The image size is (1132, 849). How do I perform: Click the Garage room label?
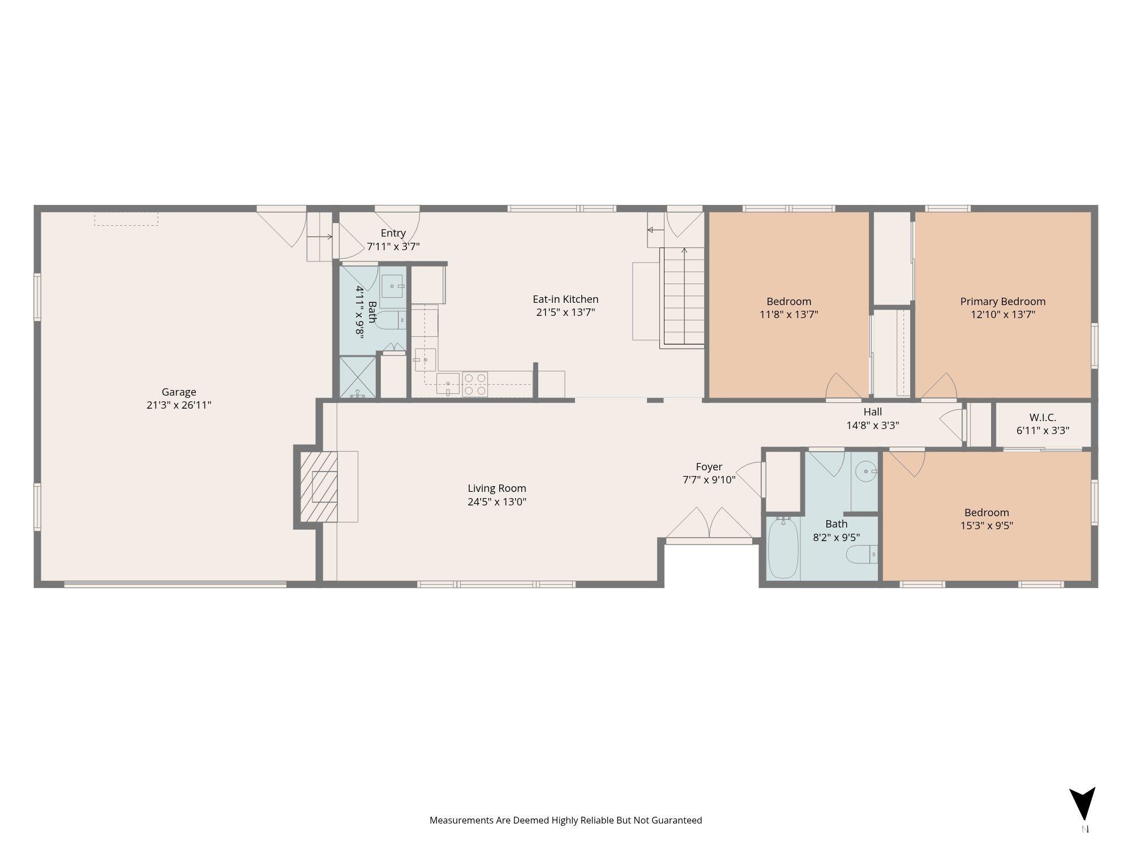pyautogui.click(x=179, y=392)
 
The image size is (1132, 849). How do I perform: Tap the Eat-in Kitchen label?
pyautogui.click(x=565, y=299)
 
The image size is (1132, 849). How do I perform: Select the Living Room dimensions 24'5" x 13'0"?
pyautogui.click(x=497, y=501)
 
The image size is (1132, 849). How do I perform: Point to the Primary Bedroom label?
pyautogui.click(x=1003, y=301)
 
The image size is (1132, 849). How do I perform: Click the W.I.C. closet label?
pyautogui.click(x=1043, y=418)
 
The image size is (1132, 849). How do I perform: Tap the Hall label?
pyautogui.click(x=873, y=412)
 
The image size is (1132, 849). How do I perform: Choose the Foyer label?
pyautogui.click(x=709, y=467)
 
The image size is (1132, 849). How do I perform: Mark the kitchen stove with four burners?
pyautogui.click(x=475, y=384)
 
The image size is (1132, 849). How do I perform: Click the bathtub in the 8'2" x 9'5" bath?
pyautogui.click(x=783, y=548)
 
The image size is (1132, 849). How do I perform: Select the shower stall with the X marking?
pyautogui.click(x=357, y=376)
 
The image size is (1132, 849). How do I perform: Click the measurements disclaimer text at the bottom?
pyautogui.click(x=565, y=820)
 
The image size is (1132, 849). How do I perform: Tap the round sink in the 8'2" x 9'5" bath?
pyautogui.click(x=865, y=471)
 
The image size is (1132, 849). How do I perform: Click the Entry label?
pyautogui.click(x=393, y=233)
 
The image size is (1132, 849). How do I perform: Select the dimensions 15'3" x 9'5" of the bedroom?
pyautogui.click(x=987, y=525)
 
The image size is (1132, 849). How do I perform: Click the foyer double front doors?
pyautogui.click(x=709, y=523)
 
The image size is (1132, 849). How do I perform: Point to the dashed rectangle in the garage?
pyautogui.click(x=126, y=219)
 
